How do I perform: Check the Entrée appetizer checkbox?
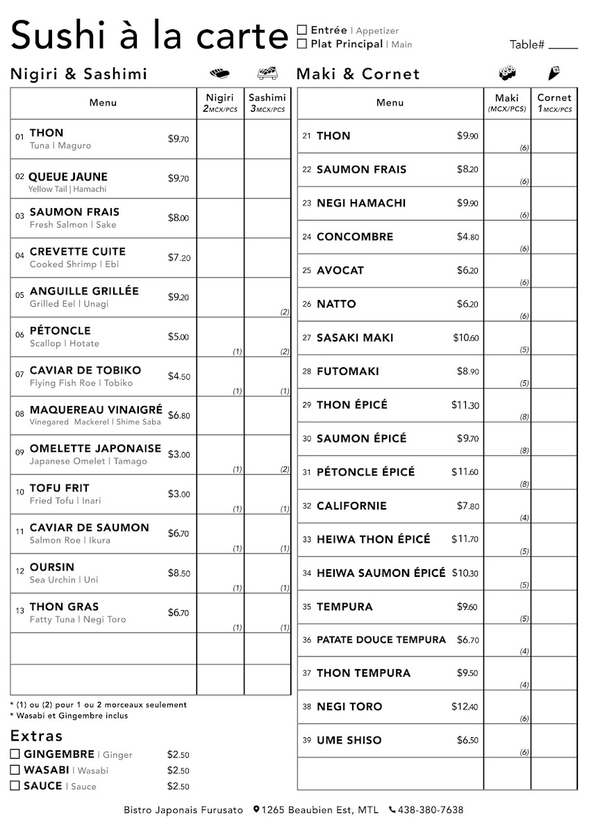[302, 30]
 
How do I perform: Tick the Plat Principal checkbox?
[302, 44]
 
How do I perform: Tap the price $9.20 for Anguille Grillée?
[179, 297]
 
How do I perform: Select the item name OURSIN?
[52, 567]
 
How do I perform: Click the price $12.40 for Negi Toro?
[465, 707]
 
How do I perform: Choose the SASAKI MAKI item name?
[355, 338]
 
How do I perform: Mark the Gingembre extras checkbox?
[15, 754]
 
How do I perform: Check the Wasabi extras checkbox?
[15, 770]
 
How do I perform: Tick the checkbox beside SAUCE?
[15, 786]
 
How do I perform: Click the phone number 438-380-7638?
[431, 810]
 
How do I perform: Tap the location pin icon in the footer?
[256, 809]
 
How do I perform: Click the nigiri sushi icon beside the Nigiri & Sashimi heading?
[219, 73]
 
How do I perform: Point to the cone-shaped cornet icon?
[555, 72]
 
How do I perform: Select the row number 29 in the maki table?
[306, 405]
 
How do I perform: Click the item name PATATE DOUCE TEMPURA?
[381, 640]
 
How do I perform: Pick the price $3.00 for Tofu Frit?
[179, 494]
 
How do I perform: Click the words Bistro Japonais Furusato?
[183, 810]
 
